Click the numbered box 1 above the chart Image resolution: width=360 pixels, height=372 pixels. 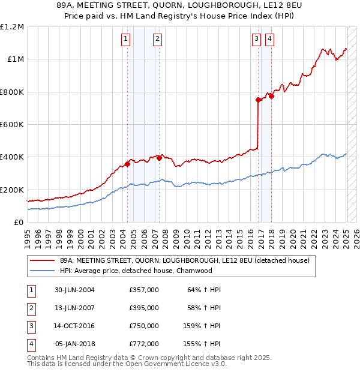(x=125, y=40)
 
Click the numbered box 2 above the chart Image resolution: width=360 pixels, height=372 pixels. (x=157, y=40)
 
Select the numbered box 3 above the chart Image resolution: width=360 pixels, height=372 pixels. (x=256, y=40)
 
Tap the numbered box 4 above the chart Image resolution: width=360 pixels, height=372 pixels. (x=270, y=40)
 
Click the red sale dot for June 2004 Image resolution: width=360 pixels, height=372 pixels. (x=128, y=164)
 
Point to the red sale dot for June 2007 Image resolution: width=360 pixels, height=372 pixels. (x=159, y=158)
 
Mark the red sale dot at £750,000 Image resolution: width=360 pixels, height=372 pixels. (x=258, y=100)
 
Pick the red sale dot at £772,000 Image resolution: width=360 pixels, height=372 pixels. (x=271, y=96)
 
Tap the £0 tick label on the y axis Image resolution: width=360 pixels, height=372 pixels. (x=19, y=223)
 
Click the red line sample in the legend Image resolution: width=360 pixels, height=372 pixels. (x=43, y=260)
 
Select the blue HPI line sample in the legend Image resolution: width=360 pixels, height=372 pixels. (x=43, y=271)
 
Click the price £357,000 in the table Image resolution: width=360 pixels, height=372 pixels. (x=144, y=290)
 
